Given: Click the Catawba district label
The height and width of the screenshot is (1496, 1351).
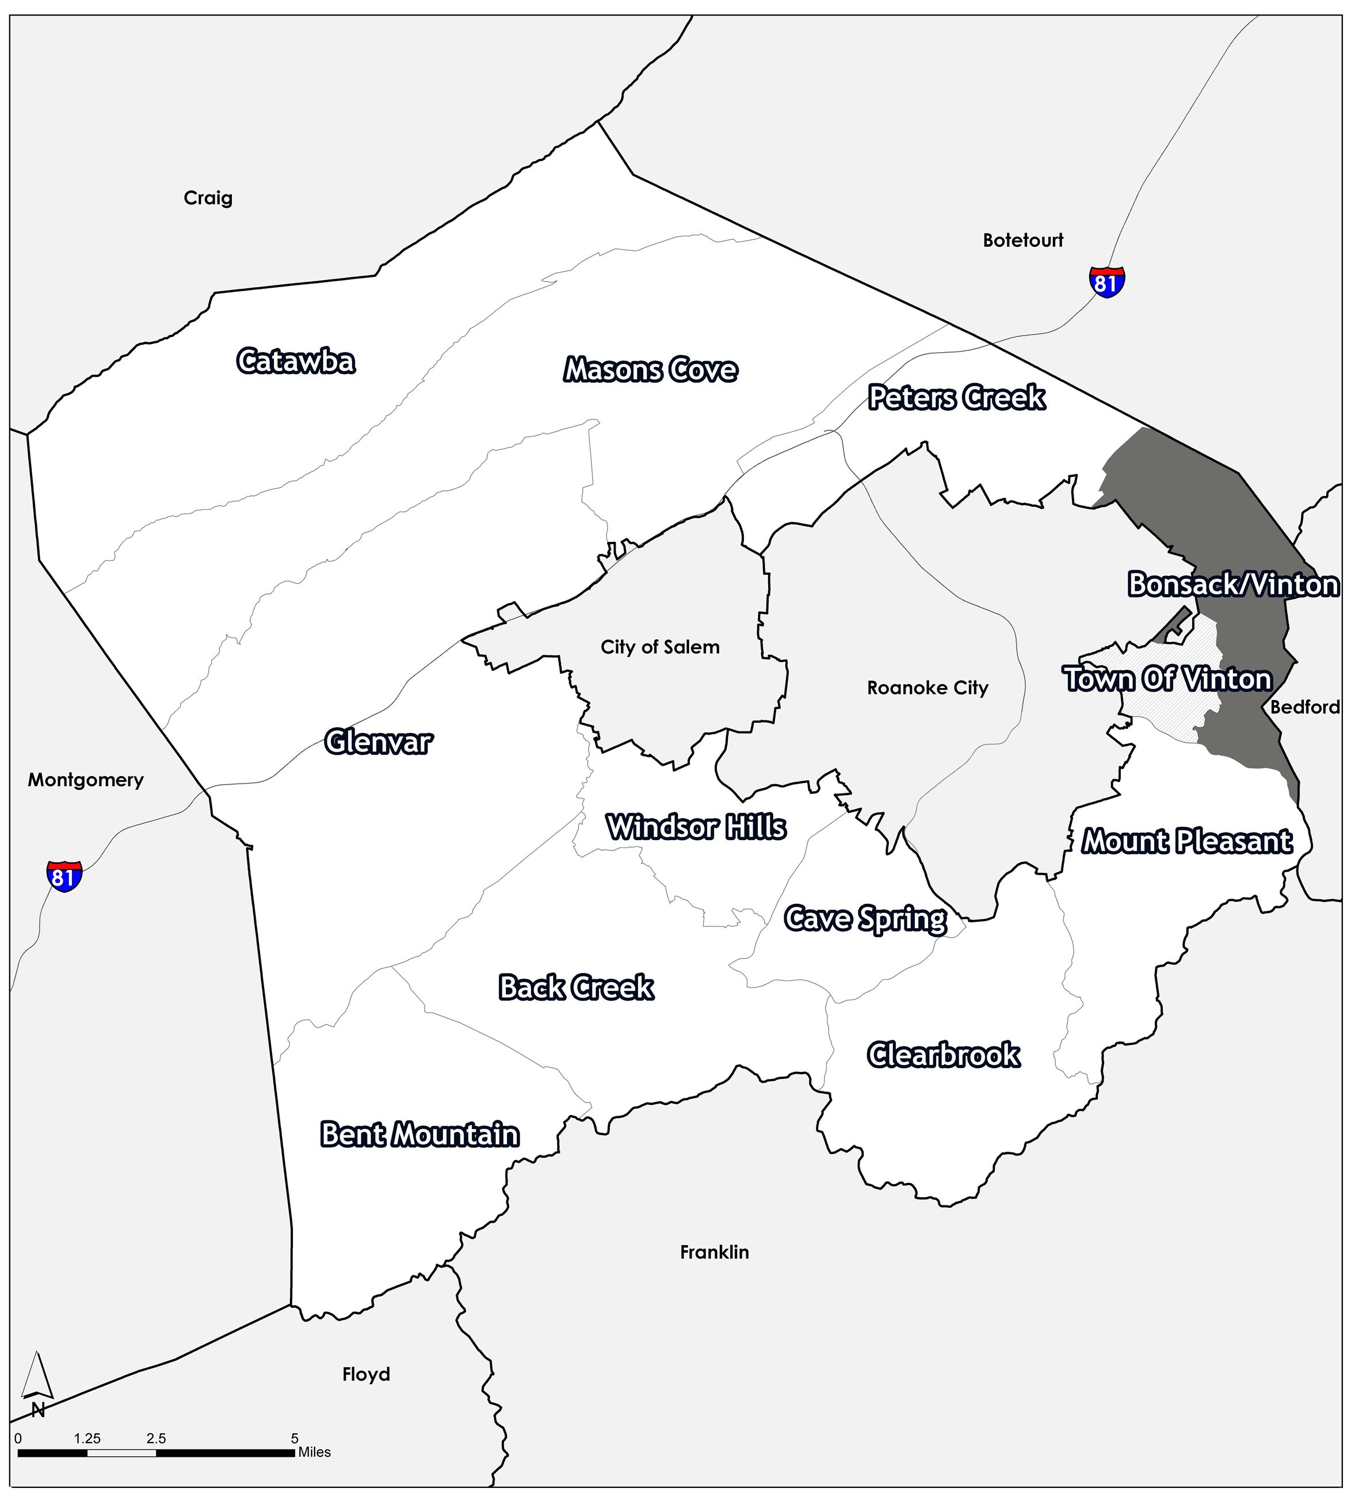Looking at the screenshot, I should (296, 361).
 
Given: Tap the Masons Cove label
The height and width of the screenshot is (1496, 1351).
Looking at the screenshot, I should (651, 369).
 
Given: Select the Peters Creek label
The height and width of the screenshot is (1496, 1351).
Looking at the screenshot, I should (956, 398).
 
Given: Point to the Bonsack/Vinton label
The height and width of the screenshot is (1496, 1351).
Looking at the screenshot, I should (1233, 585).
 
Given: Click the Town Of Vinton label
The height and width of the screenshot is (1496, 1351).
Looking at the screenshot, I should (1168, 679).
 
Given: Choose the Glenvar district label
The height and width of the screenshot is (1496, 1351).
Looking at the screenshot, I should (379, 741).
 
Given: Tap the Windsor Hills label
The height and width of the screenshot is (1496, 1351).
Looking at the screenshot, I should (696, 827).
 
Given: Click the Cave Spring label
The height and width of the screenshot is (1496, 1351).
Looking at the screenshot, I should (865, 919).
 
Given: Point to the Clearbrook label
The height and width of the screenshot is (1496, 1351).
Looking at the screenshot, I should (944, 1055).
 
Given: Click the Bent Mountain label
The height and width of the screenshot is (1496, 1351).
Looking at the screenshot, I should (420, 1135).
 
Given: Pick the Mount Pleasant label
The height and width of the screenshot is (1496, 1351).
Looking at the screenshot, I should (1187, 841).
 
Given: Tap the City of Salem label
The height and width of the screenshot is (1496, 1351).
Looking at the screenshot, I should (659, 647).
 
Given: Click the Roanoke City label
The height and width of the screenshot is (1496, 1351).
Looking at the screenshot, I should (928, 688).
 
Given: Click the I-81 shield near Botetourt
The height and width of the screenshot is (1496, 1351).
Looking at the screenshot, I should (1106, 282).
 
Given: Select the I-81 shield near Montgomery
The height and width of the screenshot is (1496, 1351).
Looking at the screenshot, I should (64, 876).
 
